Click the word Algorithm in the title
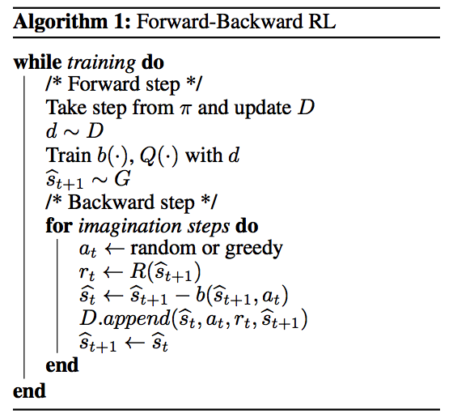tap(61, 22)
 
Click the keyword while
tap(37, 62)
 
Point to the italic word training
tap(101, 63)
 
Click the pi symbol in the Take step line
tap(185, 109)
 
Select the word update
tap(262, 109)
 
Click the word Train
tap(69, 155)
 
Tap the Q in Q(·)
tap(147, 156)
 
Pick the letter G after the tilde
tap(122, 178)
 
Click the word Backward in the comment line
tap(111, 202)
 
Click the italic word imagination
tap(130, 226)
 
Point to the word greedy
tap(253, 250)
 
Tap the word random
tap(163, 249)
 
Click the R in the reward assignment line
tap(138, 271)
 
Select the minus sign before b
tap(181, 296)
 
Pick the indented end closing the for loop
tap(61, 365)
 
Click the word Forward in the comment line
tap(104, 84)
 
